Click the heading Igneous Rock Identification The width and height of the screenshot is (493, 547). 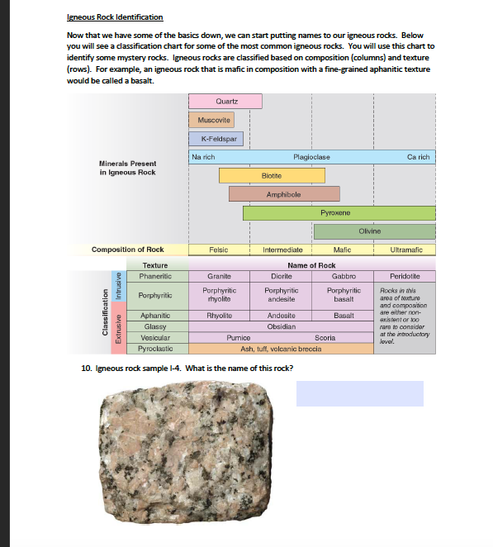click(115, 17)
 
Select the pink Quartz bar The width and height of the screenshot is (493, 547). click(225, 101)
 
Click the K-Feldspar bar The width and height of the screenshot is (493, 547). click(216, 139)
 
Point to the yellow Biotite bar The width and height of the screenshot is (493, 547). click(271, 175)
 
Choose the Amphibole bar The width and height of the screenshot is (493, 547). click(283, 193)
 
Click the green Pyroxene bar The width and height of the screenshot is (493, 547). click(339, 212)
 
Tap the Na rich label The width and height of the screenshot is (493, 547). click(203, 156)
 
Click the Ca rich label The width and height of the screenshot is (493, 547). click(418, 156)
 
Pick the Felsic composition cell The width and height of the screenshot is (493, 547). click(219, 249)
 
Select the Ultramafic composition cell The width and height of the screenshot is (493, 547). click(405, 249)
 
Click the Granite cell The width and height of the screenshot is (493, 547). click(219, 276)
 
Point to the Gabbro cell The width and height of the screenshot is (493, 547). click(343, 276)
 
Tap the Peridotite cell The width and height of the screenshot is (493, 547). click(405, 276)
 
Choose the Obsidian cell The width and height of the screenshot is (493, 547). click(282, 326)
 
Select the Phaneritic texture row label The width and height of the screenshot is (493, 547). click(154, 276)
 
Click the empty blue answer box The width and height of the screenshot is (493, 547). click(359, 393)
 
